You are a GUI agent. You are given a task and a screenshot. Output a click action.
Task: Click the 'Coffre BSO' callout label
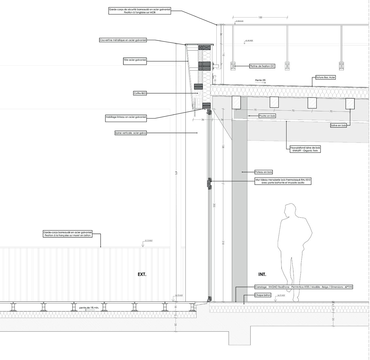(x=140, y=93)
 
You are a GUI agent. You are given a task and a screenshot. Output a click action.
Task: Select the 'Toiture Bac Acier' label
(x=325, y=78)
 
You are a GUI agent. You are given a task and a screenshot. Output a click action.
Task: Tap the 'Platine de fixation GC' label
(x=262, y=66)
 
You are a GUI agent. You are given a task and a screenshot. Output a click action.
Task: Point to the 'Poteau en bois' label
(x=264, y=172)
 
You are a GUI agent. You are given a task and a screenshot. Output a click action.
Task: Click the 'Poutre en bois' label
(x=267, y=116)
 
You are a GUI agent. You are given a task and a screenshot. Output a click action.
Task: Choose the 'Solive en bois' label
(x=338, y=125)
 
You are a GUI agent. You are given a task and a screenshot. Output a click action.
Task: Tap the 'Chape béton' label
(x=263, y=295)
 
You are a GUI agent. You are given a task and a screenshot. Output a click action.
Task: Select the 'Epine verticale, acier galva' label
(x=131, y=133)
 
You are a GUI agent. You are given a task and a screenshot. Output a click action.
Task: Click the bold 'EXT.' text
(x=142, y=274)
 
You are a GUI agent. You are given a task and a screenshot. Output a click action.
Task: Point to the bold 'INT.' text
(x=262, y=274)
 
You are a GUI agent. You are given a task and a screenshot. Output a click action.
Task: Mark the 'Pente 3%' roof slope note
(x=260, y=80)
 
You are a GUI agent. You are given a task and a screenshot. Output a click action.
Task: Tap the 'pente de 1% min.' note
(x=89, y=308)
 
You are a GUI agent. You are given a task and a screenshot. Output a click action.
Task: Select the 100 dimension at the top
(x=260, y=18)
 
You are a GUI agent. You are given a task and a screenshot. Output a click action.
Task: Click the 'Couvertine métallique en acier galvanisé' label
(x=123, y=40)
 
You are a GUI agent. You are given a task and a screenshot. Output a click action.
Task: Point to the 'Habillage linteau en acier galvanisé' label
(x=126, y=117)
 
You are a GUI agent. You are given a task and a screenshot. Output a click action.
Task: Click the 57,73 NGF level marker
(x=149, y=241)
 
